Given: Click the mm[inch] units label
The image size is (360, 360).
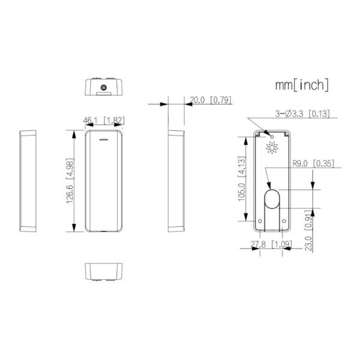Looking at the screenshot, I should click(302, 85).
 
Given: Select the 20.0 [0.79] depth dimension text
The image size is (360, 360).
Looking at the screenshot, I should click(210, 100).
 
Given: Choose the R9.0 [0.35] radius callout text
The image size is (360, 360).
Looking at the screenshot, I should click(313, 163).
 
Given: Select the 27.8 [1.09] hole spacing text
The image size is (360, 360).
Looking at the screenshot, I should click(271, 244).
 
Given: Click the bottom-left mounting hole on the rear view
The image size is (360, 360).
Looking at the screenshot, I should click(260, 221).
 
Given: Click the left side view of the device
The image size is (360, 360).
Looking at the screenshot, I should click(28, 181).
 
